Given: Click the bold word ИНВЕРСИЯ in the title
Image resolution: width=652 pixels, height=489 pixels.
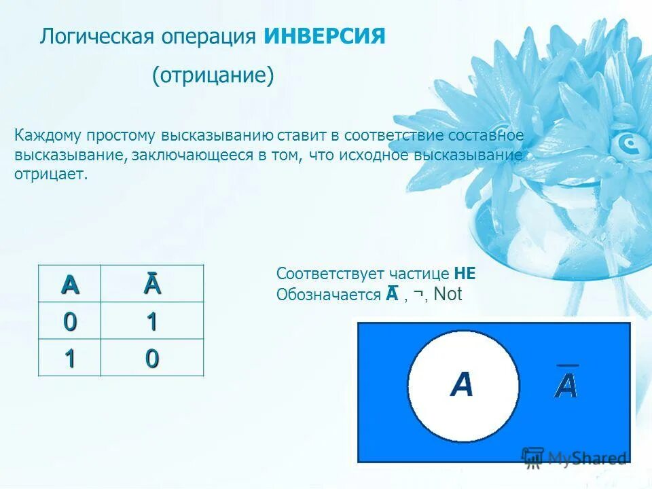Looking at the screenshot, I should (x=325, y=36).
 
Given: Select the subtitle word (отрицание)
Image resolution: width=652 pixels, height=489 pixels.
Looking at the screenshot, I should (x=213, y=75).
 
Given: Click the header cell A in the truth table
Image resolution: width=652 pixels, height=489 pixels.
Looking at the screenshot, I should (x=69, y=284).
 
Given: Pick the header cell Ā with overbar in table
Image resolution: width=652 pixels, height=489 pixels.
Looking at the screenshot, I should (x=152, y=284).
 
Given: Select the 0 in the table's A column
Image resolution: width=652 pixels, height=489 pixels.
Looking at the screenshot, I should (x=69, y=321).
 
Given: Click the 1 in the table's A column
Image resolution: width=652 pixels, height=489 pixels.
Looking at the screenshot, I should (x=69, y=357).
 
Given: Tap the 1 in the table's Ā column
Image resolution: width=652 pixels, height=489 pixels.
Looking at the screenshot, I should (x=152, y=321).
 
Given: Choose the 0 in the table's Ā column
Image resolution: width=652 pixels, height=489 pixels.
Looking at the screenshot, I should (x=152, y=357).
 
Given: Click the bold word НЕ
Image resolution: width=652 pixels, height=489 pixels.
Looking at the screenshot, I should (x=465, y=274).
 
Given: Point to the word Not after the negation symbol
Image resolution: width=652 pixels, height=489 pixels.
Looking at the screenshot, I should (x=448, y=294).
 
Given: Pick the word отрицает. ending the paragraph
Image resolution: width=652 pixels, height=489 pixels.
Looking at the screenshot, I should (x=51, y=175).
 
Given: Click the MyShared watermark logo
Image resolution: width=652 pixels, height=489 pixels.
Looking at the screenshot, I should (x=573, y=458).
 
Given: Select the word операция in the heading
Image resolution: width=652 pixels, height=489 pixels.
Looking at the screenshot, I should (x=207, y=36).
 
